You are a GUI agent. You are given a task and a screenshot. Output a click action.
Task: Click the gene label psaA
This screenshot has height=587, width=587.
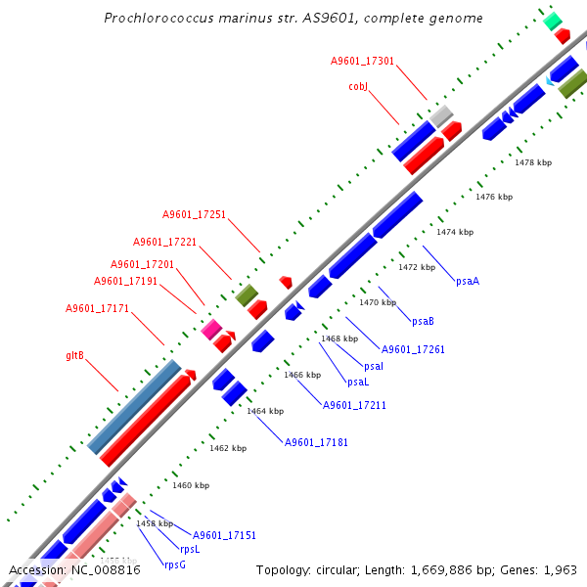pyautogui.click(x=468, y=281)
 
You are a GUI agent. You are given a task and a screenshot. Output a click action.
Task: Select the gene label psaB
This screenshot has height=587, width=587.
pyautogui.click(x=423, y=321)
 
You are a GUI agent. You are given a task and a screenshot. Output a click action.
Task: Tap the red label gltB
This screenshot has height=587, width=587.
pyautogui.click(x=74, y=356)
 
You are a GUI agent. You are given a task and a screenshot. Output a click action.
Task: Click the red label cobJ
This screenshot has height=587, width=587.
pyautogui.click(x=357, y=86)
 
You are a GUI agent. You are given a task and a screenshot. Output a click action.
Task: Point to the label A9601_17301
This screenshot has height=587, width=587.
pyautogui.click(x=362, y=61)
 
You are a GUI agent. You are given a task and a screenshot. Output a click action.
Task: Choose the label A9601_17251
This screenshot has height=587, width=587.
pyautogui.click(x=194, y=214)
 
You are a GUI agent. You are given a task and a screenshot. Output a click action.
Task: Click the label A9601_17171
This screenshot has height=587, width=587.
pyautogui.click(x=97, y=309)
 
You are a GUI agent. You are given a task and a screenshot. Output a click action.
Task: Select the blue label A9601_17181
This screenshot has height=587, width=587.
pyautogui.click(x=316, y=442)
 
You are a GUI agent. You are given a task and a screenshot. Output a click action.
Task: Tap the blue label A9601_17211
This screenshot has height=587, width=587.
pyautogui.click(x=354, y=405)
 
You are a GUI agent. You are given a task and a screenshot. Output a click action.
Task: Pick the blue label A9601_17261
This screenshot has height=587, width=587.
pyautogui.click(x=413, y=349)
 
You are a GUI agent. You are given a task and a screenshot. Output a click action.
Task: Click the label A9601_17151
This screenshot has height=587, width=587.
pyautogui.click(x=224, y=535)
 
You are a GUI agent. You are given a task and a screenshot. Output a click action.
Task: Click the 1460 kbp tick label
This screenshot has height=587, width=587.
pyautogui.click(x=191, y=485)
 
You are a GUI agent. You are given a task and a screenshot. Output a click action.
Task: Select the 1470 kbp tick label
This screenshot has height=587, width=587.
pyautogui.click(x=378, y=302)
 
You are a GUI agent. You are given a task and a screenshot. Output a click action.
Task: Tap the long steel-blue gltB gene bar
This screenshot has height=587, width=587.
pyautogui.click(x=134, y=407)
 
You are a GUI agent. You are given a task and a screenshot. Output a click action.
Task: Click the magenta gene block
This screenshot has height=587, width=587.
pyautogui.click(x=210, y=330)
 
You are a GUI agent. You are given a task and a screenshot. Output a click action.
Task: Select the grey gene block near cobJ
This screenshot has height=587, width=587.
pyautogui.click(x=441, y=115)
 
